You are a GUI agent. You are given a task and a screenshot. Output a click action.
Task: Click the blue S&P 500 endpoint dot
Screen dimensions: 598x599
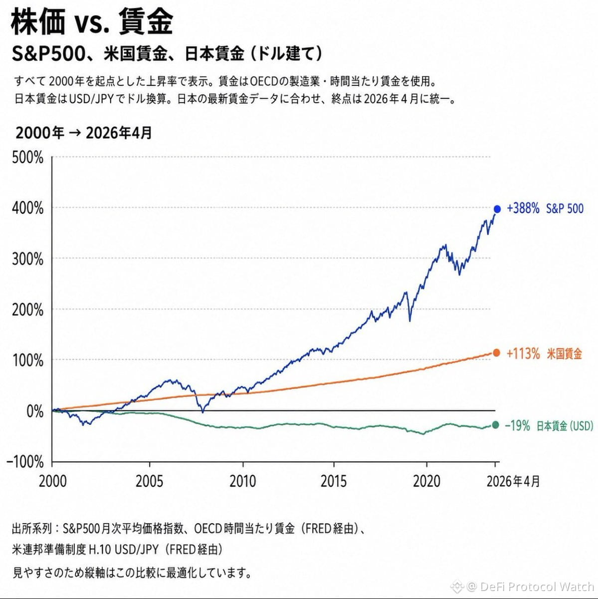(497, 209)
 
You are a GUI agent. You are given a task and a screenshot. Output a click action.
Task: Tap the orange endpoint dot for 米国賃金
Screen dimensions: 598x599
(496, 353)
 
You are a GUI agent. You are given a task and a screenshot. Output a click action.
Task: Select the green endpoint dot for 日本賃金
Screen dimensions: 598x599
(495, 425)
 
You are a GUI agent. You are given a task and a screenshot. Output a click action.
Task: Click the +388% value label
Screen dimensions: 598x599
(523, 209)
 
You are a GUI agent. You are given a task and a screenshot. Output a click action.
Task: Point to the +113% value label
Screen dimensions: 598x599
(523, 354)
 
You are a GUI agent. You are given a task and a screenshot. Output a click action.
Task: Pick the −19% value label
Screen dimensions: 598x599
(517, 426)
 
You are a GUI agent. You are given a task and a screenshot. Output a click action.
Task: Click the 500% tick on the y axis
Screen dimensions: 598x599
(27, 158)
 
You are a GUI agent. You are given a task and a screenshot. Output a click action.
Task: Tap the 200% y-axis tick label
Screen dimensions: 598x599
(27, 310)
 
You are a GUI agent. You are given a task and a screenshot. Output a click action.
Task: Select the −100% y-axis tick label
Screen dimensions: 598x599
(25, 462)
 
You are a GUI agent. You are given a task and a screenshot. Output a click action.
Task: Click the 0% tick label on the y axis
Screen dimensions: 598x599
(35, 411)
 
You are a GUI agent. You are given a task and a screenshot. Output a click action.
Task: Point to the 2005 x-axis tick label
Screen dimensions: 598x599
(150, 482)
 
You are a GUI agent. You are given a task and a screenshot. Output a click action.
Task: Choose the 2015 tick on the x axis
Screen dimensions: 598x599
(333, 482)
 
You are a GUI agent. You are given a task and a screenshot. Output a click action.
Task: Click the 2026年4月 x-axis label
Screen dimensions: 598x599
(513, 482)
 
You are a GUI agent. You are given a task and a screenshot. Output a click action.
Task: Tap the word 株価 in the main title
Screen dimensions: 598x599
(38, 21)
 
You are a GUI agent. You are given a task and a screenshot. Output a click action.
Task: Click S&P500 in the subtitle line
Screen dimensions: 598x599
(48, 54)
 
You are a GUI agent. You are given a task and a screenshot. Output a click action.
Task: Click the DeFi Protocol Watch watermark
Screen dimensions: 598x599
(537, 587)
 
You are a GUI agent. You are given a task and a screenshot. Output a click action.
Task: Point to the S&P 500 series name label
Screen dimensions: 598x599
(565, 209)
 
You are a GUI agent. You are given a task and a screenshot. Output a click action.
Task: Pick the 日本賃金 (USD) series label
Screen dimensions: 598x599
(565, 426)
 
